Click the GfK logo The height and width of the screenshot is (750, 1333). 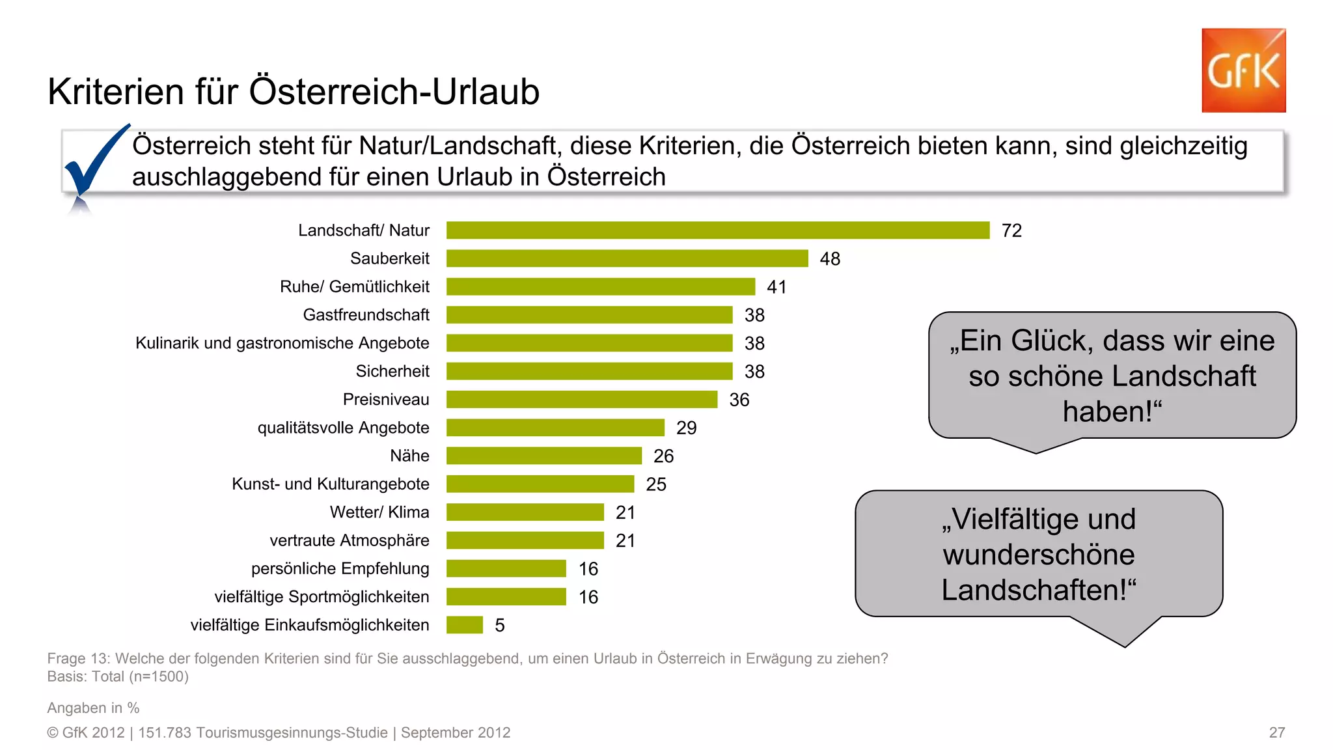(1243, 70)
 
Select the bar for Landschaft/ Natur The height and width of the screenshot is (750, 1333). (717, 230)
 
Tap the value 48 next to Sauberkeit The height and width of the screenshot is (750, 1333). (830, 259)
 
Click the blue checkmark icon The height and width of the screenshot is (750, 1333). (94, 160)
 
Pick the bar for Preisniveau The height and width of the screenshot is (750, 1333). (581, 400)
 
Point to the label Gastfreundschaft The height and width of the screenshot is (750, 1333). (366, 315)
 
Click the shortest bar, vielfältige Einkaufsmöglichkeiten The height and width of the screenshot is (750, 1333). (464, 625)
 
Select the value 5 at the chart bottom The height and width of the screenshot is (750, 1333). (499, 626)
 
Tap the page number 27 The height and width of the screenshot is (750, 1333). (1276, 732)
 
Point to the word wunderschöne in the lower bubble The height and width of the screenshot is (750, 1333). (1039, 555)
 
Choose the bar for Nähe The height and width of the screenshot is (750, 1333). (543, 456)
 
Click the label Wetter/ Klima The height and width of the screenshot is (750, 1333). (379, 512)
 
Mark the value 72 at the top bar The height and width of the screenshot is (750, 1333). (1011, 230)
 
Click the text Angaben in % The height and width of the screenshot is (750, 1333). (93, 708)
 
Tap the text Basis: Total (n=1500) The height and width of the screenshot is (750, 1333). (118, 676)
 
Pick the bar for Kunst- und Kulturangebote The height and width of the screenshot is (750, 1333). (540, 484)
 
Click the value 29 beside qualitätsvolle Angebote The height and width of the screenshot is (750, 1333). (686, 428)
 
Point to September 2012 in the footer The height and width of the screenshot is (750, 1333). (455, 732)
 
